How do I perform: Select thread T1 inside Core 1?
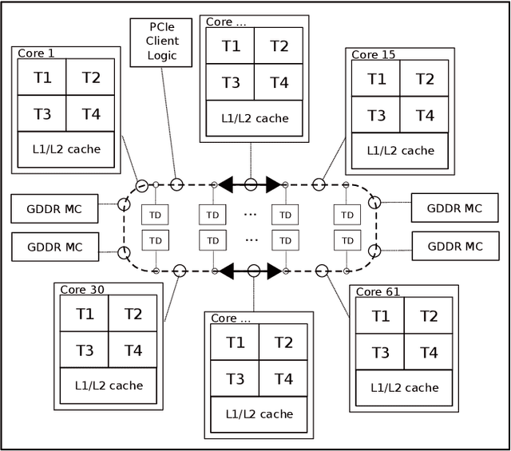click(42, 77)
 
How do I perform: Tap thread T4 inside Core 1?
click(90, 114)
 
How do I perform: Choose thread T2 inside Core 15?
click(425, 79)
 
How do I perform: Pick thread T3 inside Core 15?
click(376, 116)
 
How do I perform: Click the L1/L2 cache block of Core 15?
click(400, 150)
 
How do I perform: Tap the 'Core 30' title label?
click(81, 289)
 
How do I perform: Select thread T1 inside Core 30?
click(85, 314)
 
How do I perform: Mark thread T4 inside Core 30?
click(133, 350)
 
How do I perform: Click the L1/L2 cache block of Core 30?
click(109, 385)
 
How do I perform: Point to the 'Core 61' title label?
click(378, 292)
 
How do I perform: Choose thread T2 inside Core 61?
click(428, 316)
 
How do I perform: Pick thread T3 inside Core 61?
click(380, 352)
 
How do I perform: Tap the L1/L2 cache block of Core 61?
click(404, 388)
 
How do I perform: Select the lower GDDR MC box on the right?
click(454, 246)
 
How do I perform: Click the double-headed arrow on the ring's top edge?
click(250, 185)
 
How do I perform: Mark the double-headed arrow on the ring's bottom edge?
click(250, 271)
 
